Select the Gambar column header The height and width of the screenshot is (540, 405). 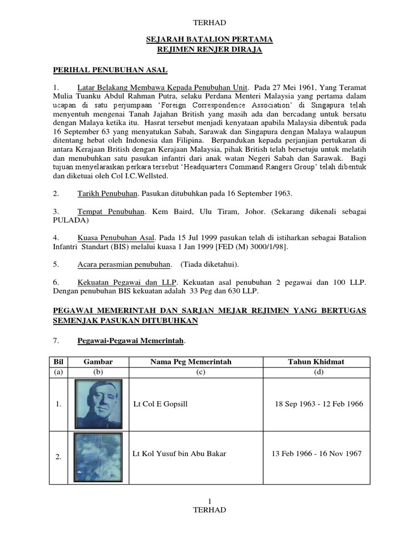98,361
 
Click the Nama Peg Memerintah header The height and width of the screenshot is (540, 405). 191,361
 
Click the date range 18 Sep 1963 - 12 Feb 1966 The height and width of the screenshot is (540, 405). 319,404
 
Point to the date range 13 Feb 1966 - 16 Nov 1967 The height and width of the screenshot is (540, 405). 316,454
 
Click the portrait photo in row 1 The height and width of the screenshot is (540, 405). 99,404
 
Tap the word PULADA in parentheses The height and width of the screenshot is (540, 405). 69,220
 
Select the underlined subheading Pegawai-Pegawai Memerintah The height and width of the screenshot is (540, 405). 131,342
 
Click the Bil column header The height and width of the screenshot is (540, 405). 58,361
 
